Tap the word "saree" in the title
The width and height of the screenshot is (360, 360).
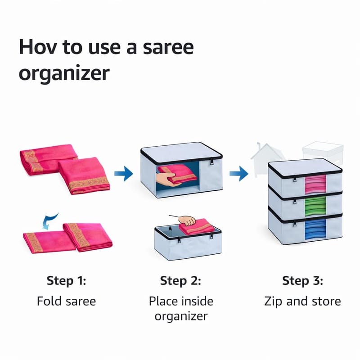point(168,47)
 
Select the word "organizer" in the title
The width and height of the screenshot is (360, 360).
point(64,73)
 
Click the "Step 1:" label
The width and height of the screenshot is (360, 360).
point(66,280)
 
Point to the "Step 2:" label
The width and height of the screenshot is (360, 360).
point(180,280)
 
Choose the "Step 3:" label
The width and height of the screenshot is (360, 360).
point(302,280)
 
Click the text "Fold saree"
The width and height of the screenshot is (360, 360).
point(66,301)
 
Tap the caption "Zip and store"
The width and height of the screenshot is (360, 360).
point(302,301)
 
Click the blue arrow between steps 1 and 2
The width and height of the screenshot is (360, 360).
point(124,173)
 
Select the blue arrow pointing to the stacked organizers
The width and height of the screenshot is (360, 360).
point(239,173)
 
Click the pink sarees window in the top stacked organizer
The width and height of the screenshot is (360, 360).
point(315,184)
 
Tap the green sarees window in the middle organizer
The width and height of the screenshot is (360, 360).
point(315,205)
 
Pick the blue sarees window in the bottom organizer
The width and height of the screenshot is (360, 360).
point(315,229)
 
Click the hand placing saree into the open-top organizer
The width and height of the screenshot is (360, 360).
point(187,220)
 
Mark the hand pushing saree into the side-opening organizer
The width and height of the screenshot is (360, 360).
point(166,179)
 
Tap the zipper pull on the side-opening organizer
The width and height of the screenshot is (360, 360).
point(211,162)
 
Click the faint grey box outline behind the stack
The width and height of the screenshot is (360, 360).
point(323,153)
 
